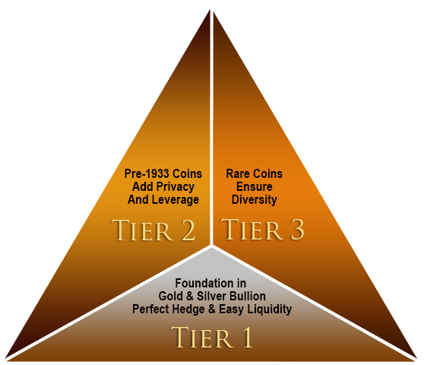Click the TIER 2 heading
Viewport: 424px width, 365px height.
tap(153, 230)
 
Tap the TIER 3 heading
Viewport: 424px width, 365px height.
tap(263, 230)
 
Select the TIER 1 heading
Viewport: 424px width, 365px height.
tap(211, 337)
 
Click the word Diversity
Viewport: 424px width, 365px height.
tap(255, 200)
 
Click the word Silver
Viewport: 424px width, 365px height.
tap(210, 296)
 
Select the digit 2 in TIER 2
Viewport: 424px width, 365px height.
tap(186, 230)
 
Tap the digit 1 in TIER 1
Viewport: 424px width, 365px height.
tap(245, 337)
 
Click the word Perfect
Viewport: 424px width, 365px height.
tap(152, 309)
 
